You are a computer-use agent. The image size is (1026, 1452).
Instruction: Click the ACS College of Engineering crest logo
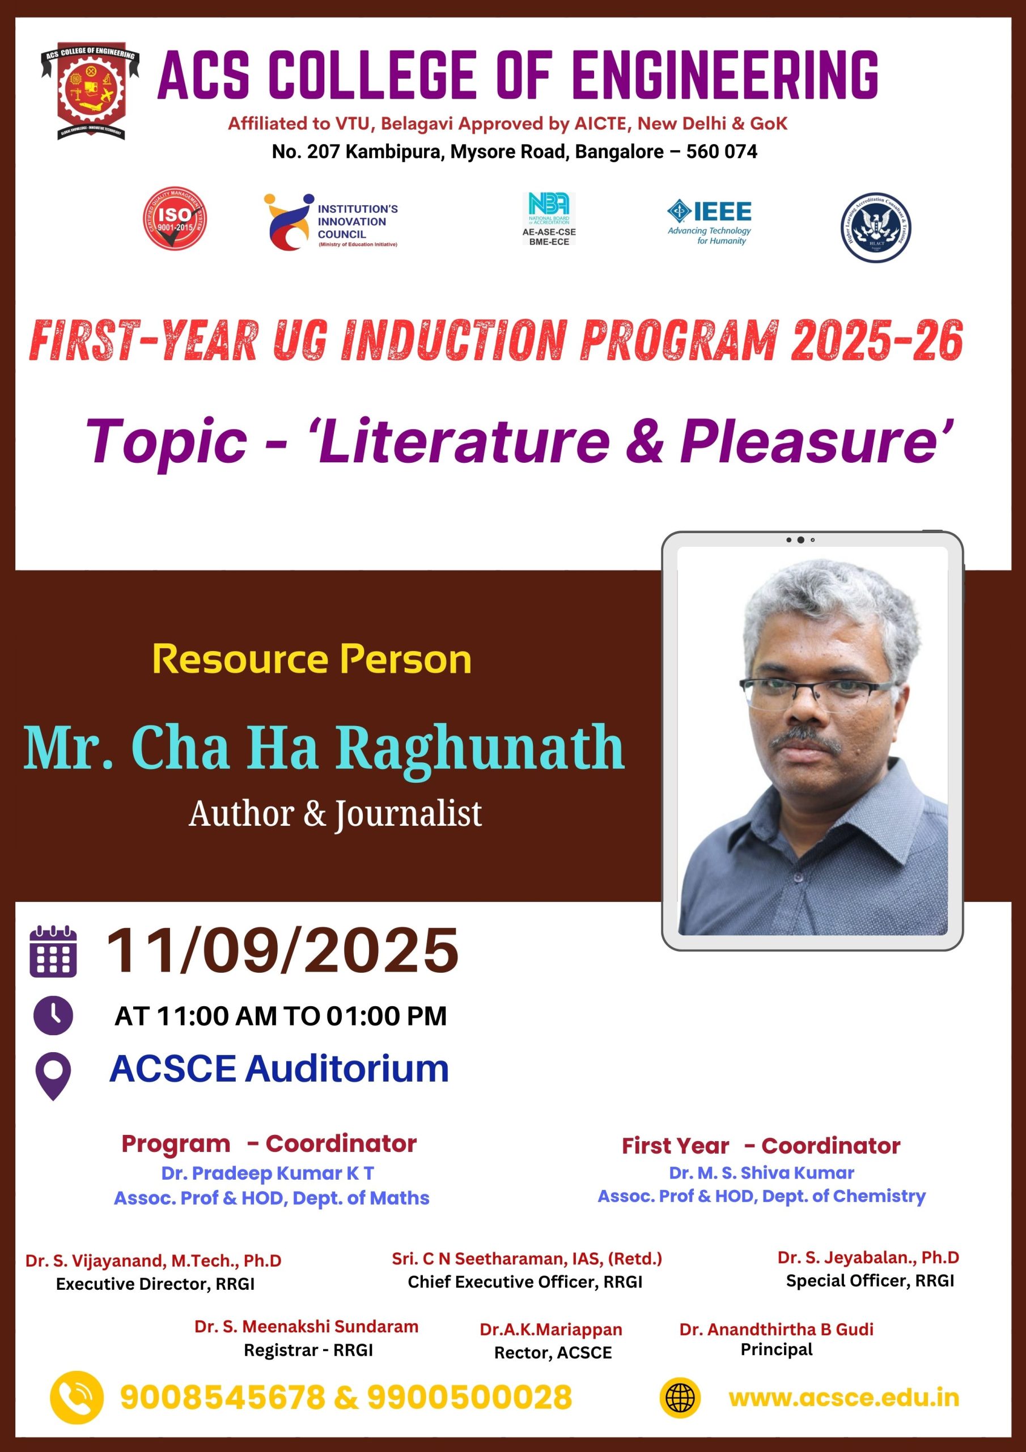tap(90, 92)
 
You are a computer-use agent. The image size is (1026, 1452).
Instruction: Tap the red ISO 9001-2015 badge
tap(175, 219)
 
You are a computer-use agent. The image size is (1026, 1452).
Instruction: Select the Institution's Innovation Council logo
tap(330, 222)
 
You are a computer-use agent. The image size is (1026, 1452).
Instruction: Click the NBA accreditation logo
tap(549, 219)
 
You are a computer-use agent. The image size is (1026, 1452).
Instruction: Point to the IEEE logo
tap(709, 221)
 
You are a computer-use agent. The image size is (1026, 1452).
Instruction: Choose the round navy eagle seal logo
tap(876, 227)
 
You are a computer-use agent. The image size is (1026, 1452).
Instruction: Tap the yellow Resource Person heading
tap(312, 660)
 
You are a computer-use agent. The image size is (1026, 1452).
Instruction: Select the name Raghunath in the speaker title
tap(480, 750)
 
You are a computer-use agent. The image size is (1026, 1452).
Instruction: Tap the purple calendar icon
tap(53, 951)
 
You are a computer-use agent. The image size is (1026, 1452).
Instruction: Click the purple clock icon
tap(53, 1015)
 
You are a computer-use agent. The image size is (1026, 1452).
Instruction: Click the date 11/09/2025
tap(282, 950)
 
